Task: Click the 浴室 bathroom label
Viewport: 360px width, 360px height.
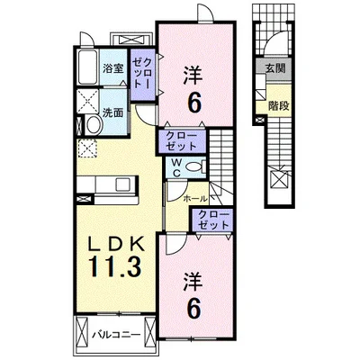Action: click(112, 68)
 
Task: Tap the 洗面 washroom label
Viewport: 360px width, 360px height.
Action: click(112, 113)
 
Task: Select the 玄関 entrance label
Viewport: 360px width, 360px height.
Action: click(275, 68)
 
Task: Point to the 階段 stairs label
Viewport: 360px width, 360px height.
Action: click(279, 105)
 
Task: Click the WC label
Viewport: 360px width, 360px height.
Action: click(176, 167)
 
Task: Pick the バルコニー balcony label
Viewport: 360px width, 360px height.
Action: click(116, 334)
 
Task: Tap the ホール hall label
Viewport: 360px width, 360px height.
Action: click(194, 198)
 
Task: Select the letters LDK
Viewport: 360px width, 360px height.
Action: click(116, 244)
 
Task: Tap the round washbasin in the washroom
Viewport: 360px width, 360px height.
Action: click(94, 126)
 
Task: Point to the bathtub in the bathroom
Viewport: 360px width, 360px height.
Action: click(87, 67)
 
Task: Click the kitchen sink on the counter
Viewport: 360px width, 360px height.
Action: click(122, 184)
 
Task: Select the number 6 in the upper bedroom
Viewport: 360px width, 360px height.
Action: click(193, 102)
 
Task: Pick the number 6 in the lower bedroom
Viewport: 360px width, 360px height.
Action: click(193, 309)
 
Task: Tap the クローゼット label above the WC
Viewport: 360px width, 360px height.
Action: click(181, 141)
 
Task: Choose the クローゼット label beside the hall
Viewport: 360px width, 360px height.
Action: click(213, 220)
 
